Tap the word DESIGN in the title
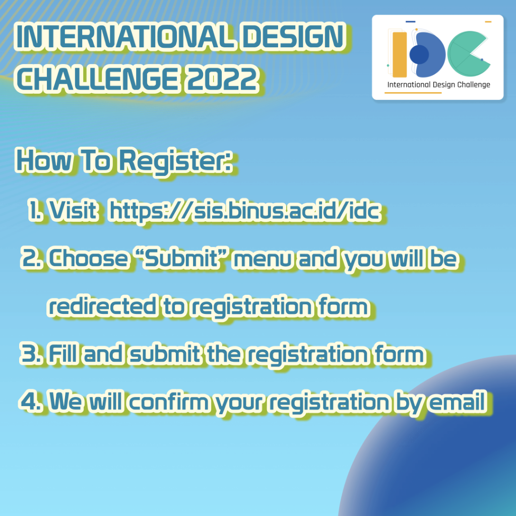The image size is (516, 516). [x=294, y=36]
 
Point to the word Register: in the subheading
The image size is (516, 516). [x=175, y=162]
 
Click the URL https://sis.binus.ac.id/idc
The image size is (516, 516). [x=245, y=211]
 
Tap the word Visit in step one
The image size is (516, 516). [x=73, y=210]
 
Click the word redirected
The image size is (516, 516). [x=102, y=306]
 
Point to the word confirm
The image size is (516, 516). [x=168, y=401]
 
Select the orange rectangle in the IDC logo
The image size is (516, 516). [x=400, y=54]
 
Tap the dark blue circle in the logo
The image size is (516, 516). [x=419, y=54]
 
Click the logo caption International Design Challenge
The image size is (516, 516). [x=439, y=85]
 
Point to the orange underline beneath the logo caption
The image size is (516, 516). [x=413, y=93]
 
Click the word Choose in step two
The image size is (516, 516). [x=88, y=258]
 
